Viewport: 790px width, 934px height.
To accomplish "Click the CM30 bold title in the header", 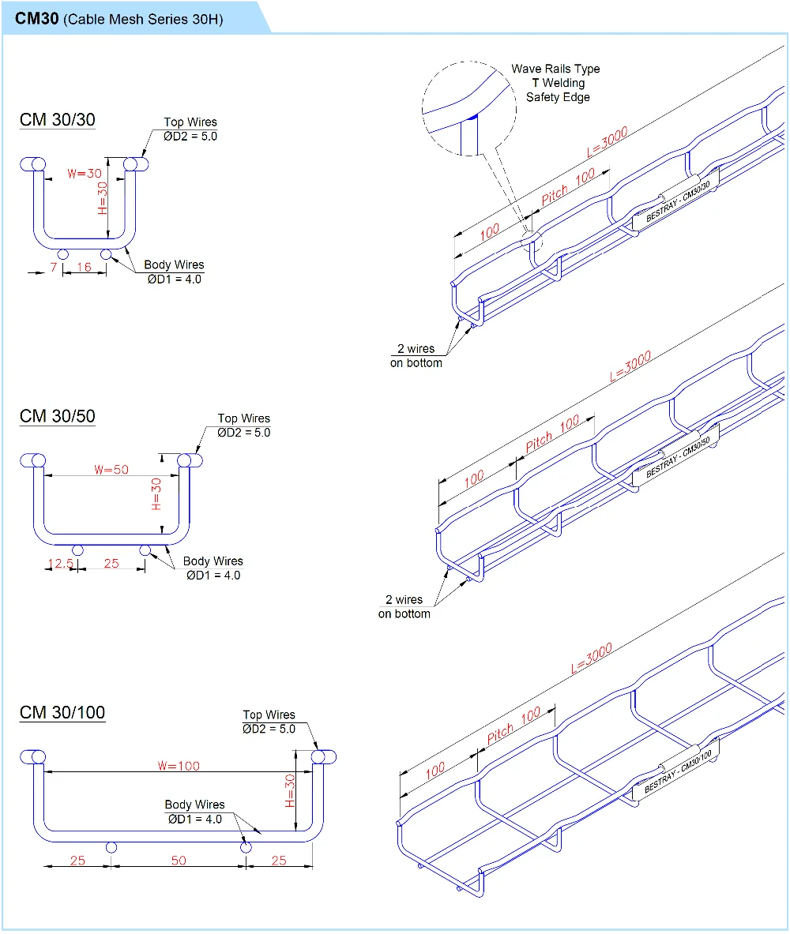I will click(x=37, y=17).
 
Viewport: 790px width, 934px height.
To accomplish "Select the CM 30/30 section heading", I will click(x=57, y=120).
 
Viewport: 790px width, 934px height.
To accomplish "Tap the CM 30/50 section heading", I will click(x=57, y=416).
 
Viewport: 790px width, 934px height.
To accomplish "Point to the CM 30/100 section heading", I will click(x=62, y=713).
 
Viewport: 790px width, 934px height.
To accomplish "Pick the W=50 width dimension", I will click(x=111, y=469).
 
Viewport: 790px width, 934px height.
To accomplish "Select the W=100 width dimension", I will click(x=179, y=765).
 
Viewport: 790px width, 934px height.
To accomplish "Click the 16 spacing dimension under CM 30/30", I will click(x=84, y=268).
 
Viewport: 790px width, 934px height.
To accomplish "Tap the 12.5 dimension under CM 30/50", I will click(x=60, y=564).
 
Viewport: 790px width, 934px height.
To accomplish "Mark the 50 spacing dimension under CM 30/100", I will click(x=179, y=860).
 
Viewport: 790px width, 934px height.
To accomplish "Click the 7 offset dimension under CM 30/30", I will click(x=54, y=268).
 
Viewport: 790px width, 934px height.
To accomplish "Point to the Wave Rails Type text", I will click(x=555, y=69).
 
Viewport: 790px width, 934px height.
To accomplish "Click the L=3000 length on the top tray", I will click(x=608, y=144).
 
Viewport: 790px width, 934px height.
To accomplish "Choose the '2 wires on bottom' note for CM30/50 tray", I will click(x=404, y=606).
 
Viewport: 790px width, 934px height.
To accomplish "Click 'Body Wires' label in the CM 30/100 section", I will click(x=194, y=805).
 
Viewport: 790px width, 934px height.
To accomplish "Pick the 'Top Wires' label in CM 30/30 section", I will click(x=190, y=122).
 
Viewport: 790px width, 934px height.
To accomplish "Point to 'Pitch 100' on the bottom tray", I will click(x=513, y=725).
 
